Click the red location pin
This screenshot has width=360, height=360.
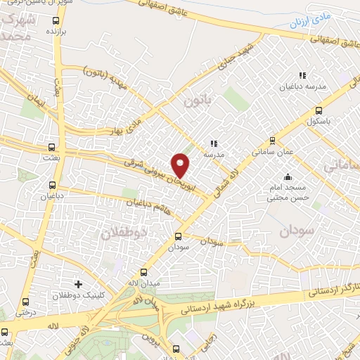coord(181,165)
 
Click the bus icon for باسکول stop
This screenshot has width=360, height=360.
coord(319,110)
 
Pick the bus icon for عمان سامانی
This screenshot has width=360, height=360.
coord(273,141)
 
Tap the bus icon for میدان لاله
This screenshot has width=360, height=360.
coord(145,272)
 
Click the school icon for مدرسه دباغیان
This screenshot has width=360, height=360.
coord(302,76)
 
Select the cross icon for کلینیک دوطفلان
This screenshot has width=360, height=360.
coord(77,285)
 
